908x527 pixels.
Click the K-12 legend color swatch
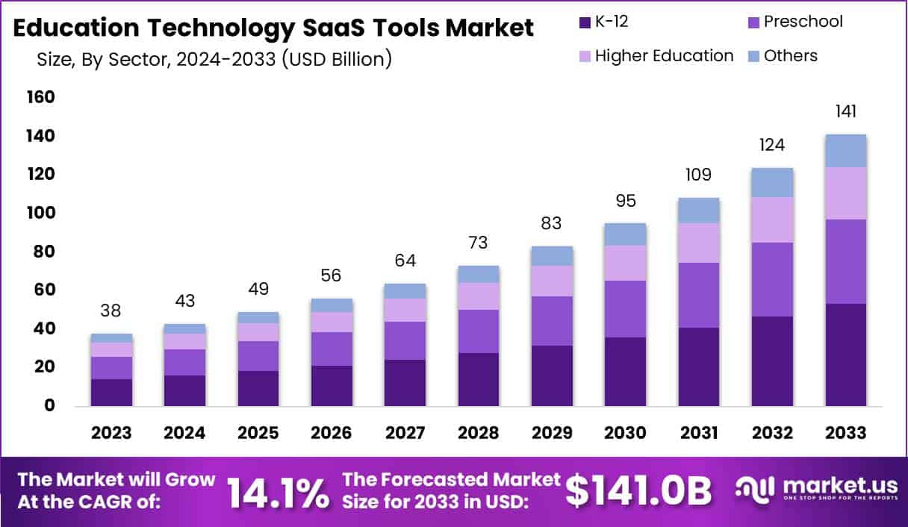[x=583, y=22]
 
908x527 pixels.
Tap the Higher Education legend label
[x=664, y=56]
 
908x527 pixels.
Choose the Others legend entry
[x=790, y=56]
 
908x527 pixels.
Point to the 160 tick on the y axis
[x=40, y=97]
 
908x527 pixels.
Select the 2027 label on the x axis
[x=405, y=433]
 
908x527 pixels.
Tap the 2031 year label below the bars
[x=698, y=433]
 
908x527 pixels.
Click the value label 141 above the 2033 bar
[x=845, y=112]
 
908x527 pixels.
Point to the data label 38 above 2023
[x=111, y=311]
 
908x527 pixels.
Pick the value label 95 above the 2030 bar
[x=625, y=200]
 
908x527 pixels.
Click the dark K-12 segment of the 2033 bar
[x=845, y=355]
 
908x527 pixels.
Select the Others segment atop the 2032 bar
[x=772, y=182]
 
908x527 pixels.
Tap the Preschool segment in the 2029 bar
[x=552, y=321]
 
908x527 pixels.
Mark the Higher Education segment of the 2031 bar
[x=698, y=243]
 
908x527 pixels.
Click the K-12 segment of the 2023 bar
[x=111, y=393]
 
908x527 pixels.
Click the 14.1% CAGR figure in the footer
[x=277, y=492]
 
